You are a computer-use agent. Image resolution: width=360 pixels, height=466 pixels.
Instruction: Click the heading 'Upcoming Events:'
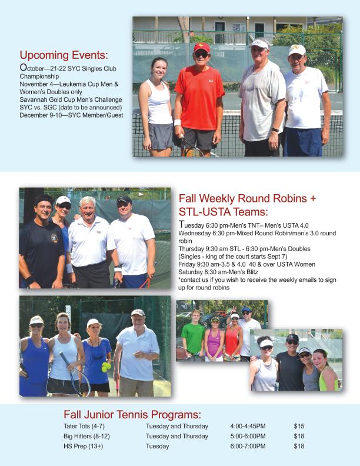tap(64, 55)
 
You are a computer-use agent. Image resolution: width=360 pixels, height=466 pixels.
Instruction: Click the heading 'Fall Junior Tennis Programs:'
tap(132, 414)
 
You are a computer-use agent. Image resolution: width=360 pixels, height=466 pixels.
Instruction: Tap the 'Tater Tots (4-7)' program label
tap(85, 426)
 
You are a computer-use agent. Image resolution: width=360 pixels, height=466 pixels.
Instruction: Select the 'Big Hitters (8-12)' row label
tap(86, 436)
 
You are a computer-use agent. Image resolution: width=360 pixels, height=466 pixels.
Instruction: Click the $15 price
tap(299, 426)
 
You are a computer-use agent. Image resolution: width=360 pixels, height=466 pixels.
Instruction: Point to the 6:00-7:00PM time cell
tap(248, 446)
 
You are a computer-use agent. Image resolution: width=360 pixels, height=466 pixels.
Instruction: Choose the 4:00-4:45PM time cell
tap(248, 426)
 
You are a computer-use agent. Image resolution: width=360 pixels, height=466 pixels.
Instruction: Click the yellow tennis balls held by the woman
tap(106, 366)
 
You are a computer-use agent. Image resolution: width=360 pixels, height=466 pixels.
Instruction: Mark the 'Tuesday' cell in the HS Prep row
tap(157, 446)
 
